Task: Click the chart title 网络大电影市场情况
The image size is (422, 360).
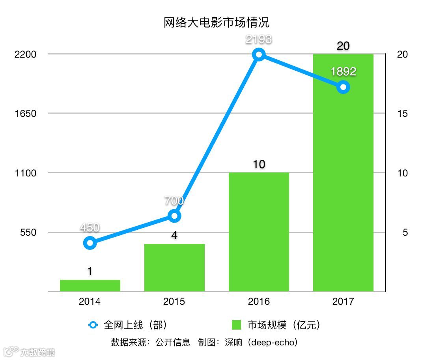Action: pos(217,22)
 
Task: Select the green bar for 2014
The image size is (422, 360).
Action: pos(90,285)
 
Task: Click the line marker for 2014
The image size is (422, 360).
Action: pos(90,243)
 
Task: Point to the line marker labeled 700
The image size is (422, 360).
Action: pos(174,216)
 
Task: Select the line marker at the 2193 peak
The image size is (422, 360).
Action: pos(259,54)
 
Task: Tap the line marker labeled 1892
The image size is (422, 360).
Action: pos(343,87)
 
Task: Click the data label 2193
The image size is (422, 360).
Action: pos(259,39)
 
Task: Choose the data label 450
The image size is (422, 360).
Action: pos(90,228)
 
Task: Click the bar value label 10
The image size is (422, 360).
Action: pos(259,164)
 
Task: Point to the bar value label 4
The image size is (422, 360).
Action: pos(174,236)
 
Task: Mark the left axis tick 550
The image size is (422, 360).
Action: pos(28,232)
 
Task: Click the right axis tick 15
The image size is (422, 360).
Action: pos(402,114)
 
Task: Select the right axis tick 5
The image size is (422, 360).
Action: pos(405,232)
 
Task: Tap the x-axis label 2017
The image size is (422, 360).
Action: pos(343,302)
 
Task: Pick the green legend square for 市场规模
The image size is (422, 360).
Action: pos(236,325)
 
